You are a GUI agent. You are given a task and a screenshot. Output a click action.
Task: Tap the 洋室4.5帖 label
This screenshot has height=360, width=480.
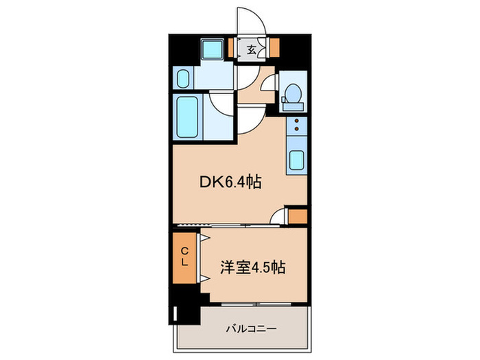click(x=252, y=267)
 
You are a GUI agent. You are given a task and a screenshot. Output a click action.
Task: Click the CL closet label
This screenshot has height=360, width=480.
click(x=184, y=259)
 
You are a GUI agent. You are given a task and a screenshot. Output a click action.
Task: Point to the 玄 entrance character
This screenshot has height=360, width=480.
click(x=252, y=49)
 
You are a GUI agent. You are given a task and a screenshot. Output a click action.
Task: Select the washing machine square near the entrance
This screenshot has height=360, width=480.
click(x=212, y=49)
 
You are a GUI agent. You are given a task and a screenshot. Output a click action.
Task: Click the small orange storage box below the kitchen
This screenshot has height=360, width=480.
click(x=297, y=217)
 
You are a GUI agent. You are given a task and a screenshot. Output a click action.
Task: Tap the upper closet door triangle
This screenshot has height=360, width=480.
click(x=204, y=238)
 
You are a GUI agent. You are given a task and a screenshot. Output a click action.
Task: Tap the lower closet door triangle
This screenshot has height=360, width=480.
click(x=204, y=278)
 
